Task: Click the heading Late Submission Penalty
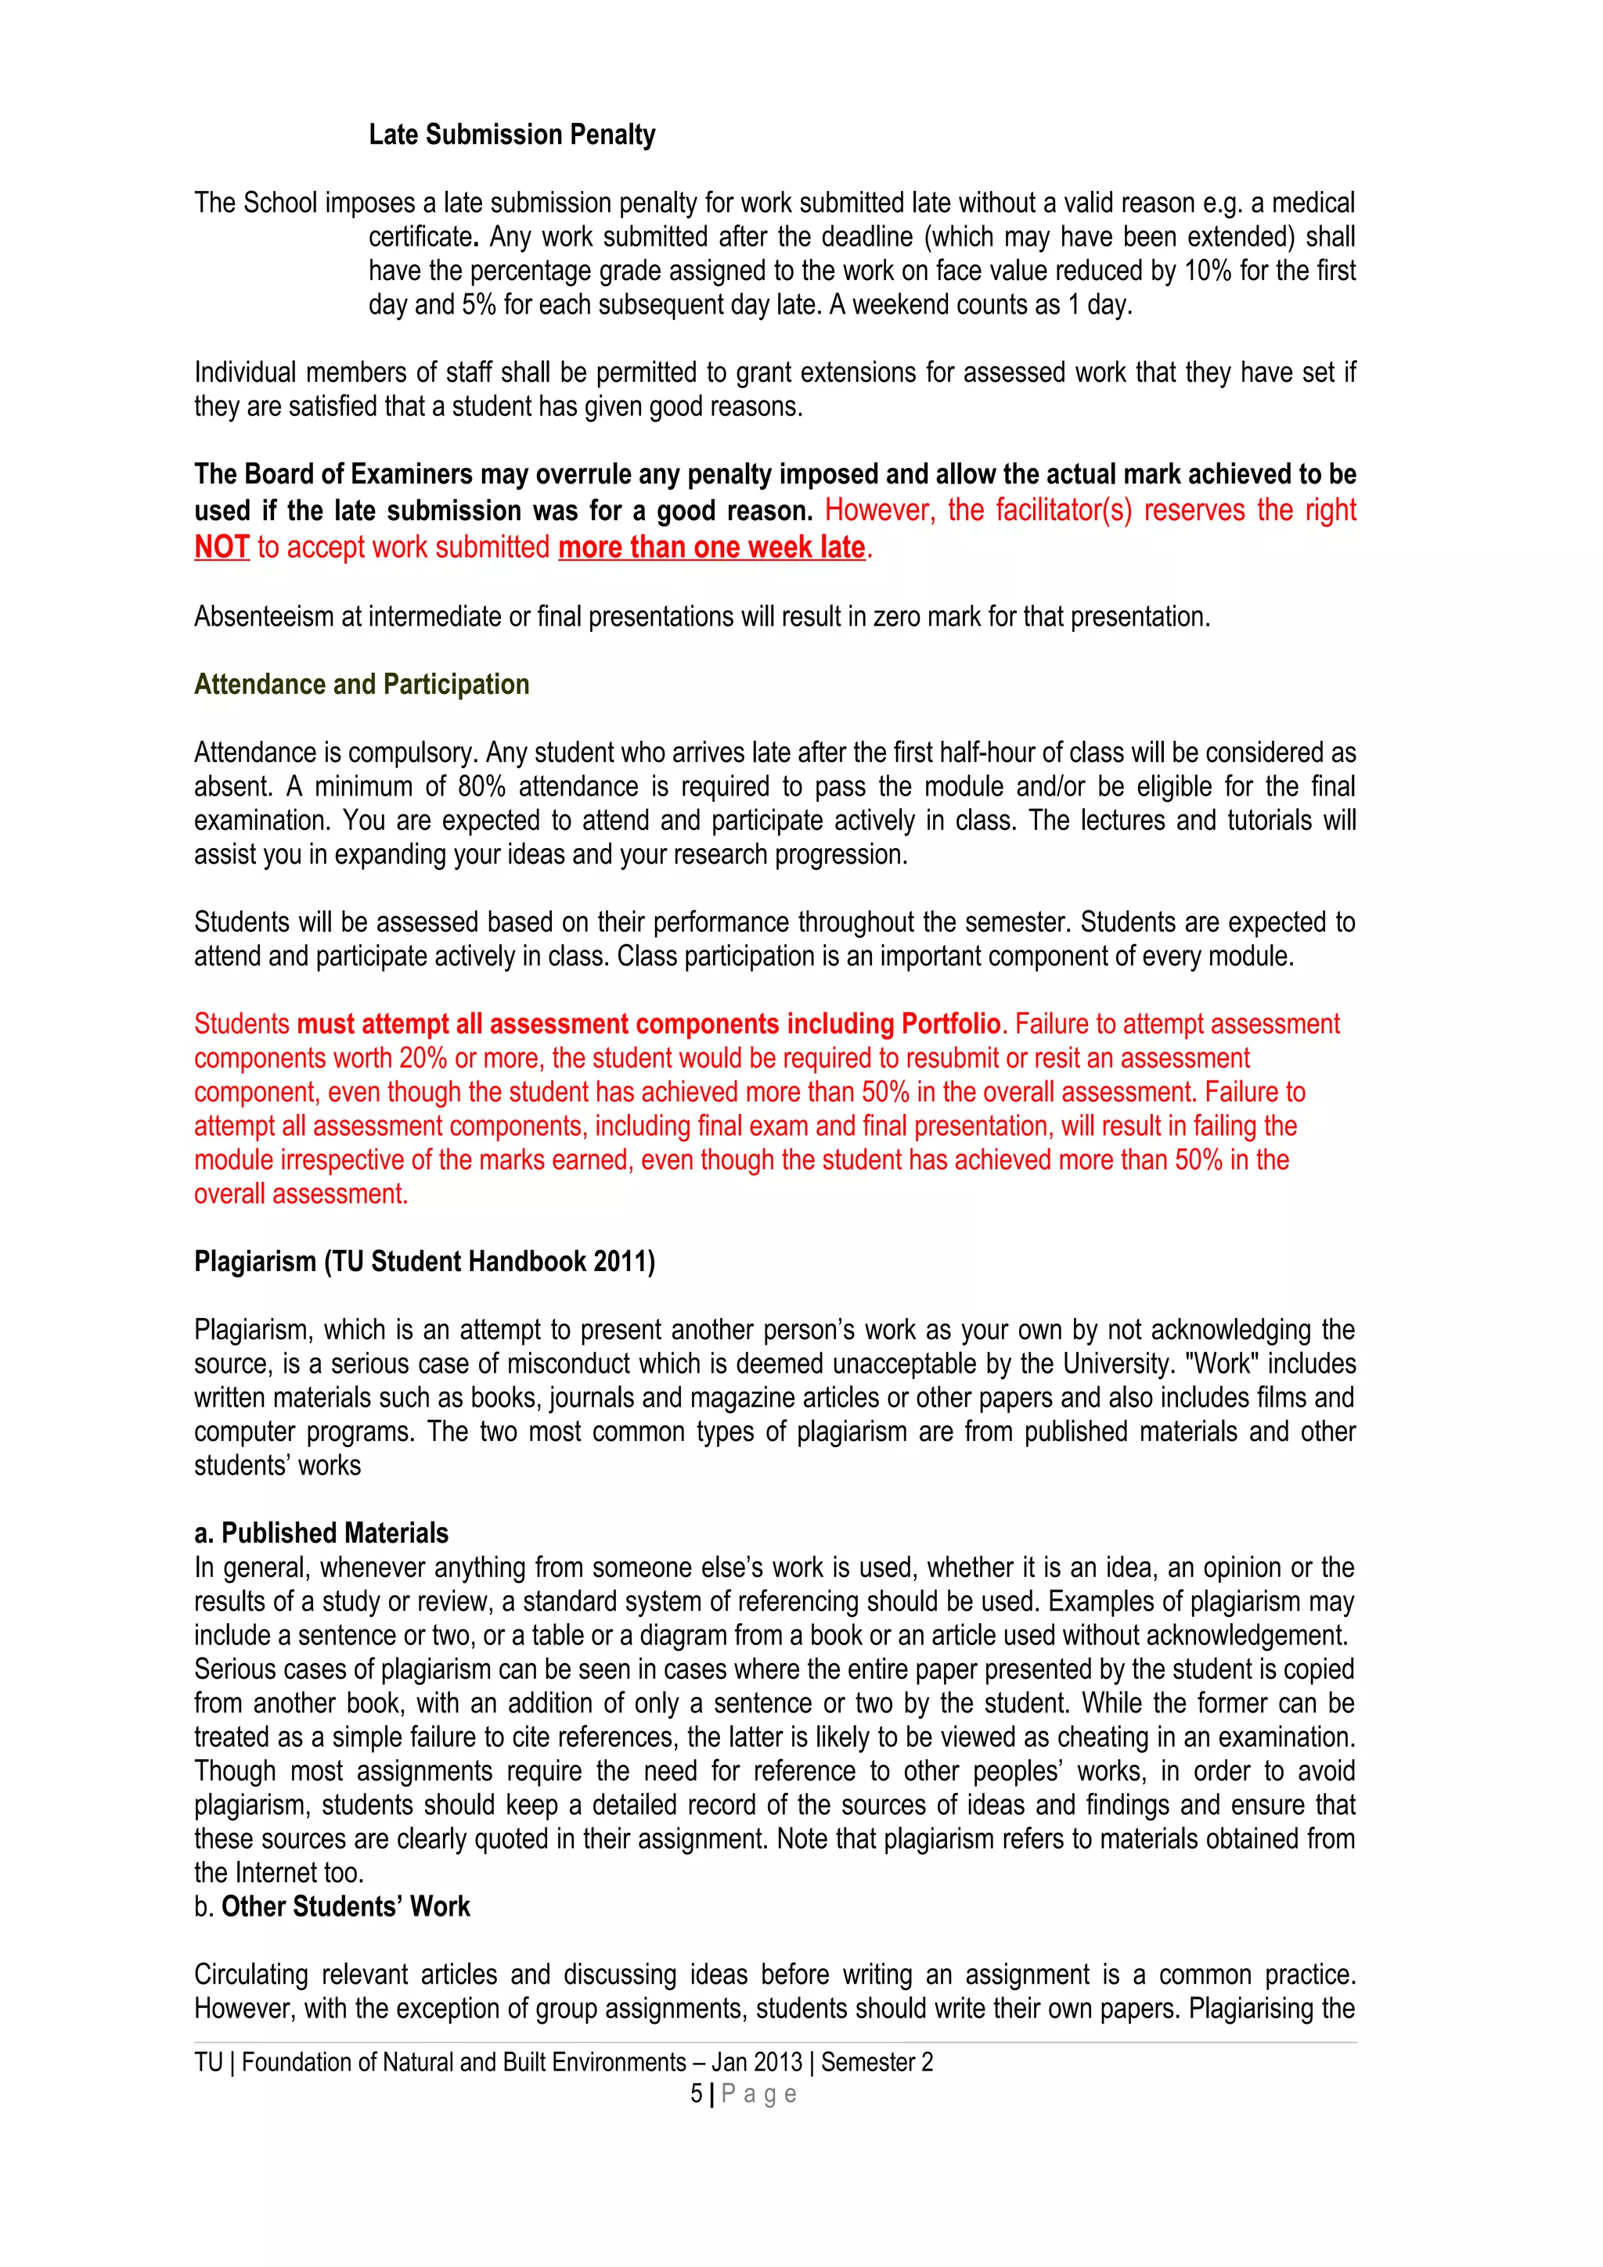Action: click(x=512, y=135)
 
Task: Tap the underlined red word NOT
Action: click(x=222, y=547)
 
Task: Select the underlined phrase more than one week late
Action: click(x=711, y=547)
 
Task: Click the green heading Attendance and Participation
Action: click(x=362, y=684)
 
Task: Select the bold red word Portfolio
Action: click(x=950, y=1024)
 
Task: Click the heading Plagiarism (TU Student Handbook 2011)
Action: click(x=425, y=1262)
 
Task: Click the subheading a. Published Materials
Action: click(x=322, y=1533)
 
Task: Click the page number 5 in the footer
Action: click(x=697, y=2094)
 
